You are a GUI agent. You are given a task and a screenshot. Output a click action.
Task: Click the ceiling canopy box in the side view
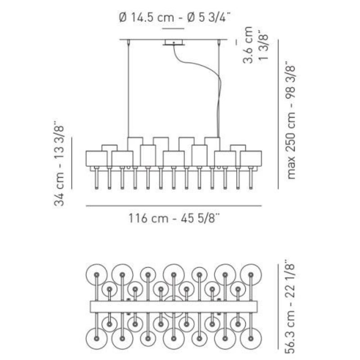point(174,42)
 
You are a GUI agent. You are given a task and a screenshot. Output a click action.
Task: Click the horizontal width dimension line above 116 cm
point(174,206)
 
